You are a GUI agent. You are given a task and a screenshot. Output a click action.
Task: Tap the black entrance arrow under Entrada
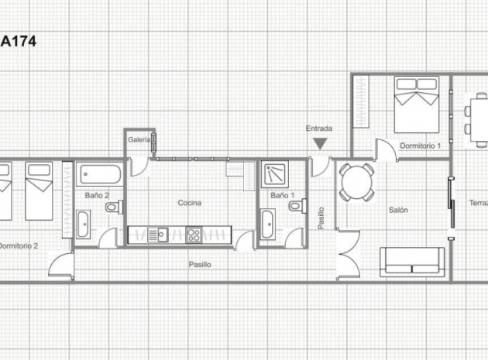(319, 143)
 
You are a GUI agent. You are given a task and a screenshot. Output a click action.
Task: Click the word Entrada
(319, 128)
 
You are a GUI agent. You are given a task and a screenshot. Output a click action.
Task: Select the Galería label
(139, 139)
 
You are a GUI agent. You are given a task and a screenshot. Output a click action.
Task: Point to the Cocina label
(189, 203)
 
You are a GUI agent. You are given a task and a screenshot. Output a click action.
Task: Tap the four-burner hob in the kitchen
(194, 233)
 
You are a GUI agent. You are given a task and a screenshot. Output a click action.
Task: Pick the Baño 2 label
(97, 195)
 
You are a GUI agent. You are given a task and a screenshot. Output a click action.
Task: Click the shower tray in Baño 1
(273, 174)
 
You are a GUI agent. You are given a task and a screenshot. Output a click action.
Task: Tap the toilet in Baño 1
(295, 206)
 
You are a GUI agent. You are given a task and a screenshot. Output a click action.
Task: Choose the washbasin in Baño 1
(267, 225)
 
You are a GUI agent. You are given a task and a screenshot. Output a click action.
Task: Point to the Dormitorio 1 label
(420, 146)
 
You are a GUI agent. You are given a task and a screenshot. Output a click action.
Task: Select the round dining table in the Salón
(357, 183)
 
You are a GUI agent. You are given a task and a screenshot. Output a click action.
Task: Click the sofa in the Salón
(412, 262)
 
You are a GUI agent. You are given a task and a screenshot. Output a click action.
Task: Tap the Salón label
(398, 210)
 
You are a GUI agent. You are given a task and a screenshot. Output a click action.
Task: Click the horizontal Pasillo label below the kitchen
(200, 265)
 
